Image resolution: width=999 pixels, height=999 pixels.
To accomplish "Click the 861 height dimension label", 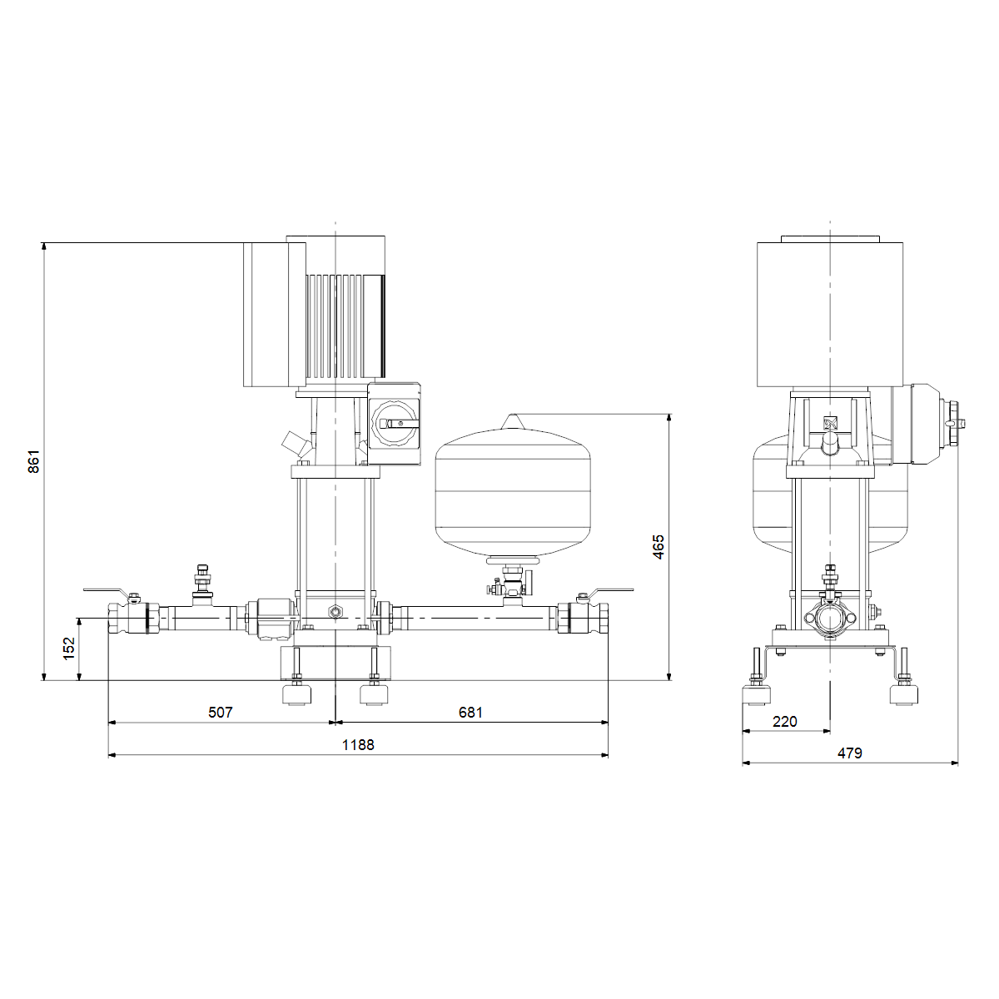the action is coord(33,461).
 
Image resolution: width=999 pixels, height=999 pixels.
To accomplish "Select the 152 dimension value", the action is coord(69,649).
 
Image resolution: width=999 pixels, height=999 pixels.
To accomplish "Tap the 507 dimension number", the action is coord(221,713).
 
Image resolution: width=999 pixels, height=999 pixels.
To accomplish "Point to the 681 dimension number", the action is coord(470,713).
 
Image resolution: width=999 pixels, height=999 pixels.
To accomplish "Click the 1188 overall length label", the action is coord(358,745).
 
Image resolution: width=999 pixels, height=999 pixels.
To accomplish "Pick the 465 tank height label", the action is coord(658,547).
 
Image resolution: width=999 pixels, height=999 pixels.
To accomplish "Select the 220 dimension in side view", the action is coord(784,722).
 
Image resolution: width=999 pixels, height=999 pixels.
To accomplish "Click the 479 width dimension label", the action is coord(850,753).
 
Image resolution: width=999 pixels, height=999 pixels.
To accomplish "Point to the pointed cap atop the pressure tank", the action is coord(512,421).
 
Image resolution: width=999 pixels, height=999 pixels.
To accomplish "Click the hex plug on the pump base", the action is coord(335,612).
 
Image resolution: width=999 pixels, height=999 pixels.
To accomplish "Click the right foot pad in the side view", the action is coord(904,694).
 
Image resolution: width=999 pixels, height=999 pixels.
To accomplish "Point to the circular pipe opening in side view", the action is coord(829,619).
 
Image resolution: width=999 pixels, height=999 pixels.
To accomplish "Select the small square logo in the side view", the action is coord(830,423).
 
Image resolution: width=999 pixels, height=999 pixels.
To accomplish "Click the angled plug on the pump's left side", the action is coord(296,445).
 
